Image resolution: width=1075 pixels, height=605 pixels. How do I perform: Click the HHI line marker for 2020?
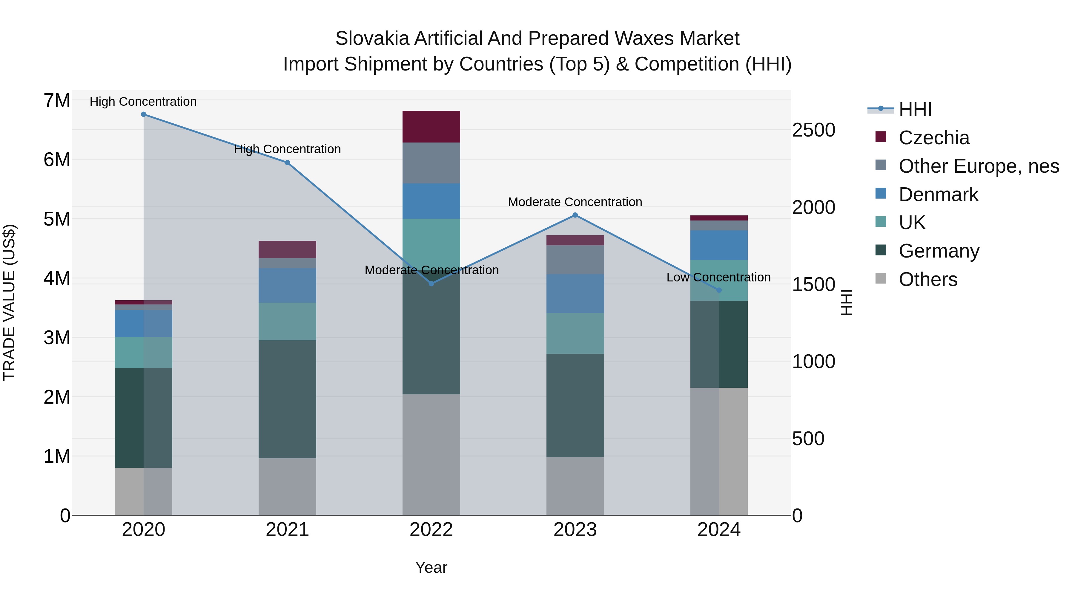pos(144,114)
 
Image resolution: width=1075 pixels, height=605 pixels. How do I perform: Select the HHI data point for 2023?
pos(575,215)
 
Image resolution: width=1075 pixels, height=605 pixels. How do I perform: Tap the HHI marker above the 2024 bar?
pos(719,290)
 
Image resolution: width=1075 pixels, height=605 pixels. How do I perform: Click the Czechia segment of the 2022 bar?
pos(431,127)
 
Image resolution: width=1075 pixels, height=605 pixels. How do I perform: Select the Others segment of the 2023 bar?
pos(575,486)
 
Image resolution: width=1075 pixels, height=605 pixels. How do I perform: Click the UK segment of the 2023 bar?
pos(575,334)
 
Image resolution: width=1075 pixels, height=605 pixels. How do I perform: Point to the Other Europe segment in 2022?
pos(431,163)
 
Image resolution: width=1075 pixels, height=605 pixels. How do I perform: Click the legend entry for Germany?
pos(939,251)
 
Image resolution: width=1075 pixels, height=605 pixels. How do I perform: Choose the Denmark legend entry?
pos(938,194)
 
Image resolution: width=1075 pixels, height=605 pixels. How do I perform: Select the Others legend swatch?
pos(881,278)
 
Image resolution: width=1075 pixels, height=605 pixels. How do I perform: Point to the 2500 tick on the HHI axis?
pos(813,130)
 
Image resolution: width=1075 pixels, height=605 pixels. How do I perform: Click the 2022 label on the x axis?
pos(431,530)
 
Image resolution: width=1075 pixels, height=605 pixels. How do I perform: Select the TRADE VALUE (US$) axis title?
pos(9,302)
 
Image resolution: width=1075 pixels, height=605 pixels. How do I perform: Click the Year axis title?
pos(431,567)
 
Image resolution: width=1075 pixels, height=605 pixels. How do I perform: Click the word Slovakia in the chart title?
pos(367,39)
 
